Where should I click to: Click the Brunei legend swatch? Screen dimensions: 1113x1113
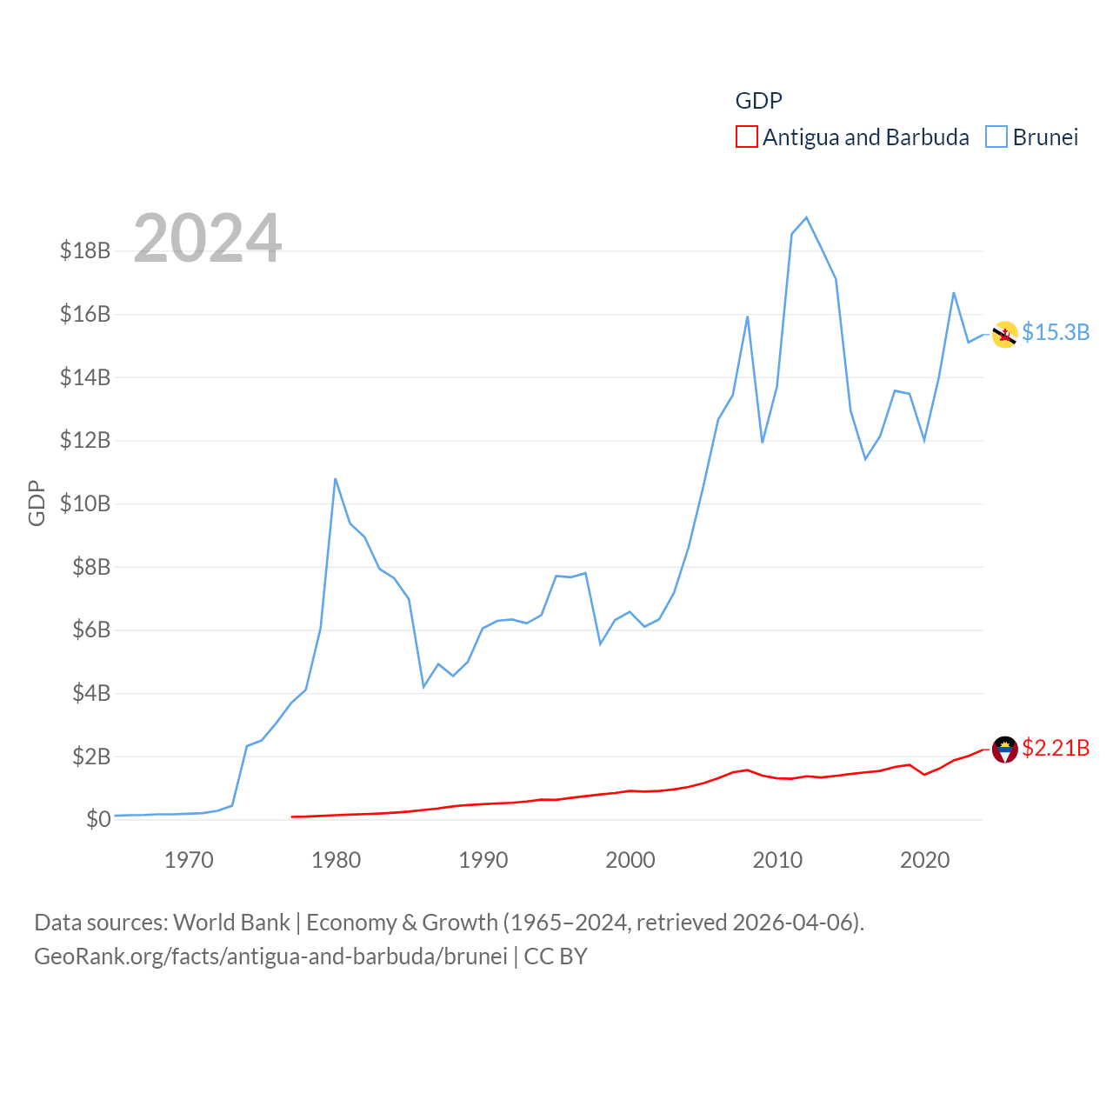pyautogui.click(x=996, y=137)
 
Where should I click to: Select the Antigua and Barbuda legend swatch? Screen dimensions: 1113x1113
pyautogui.click(x=746, y=137)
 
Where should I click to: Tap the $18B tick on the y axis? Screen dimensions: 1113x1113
pyautogui.click(x=85, y=250)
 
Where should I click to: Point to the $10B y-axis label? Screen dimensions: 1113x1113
pyautogui.click(x=85, y=503)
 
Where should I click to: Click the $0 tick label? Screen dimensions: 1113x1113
pyautogui.click(x=98, y=819)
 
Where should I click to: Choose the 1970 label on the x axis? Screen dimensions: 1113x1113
pyautogui.click(x=189, y=861)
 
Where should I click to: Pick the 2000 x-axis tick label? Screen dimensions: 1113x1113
pyautogui.click(x=630, y=861)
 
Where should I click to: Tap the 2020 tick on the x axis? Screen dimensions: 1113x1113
pyautogui.click(x=924, y=861)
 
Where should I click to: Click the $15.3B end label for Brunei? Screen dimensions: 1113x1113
pyautogui.click(x=1056, y=332)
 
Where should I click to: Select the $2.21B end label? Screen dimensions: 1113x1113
pyautogui.click(x=1056, y=748)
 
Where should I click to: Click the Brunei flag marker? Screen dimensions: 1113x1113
pyautogui.click(x=1005, y=334)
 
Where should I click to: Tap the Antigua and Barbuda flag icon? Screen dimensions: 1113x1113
pyautogui.click(x=1005, y=749)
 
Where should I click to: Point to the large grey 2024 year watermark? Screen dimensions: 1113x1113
pyautogui.click(x=208, y=238)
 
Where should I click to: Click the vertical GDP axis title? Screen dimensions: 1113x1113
pyautogui.click(x=37, y=503)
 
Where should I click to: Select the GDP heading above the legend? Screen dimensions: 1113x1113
pyautogui.click(x=758, y=101)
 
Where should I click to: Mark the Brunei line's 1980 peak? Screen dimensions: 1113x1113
pyautogui.click(x=335, y=479)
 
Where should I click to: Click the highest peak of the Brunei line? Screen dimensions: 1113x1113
pyautogui.click(x=806, y=217)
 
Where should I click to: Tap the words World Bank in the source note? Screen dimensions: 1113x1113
pyautogui.click(x=231, y=922)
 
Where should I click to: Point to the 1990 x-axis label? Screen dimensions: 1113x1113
pyautogui.click(x=483, y=861)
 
